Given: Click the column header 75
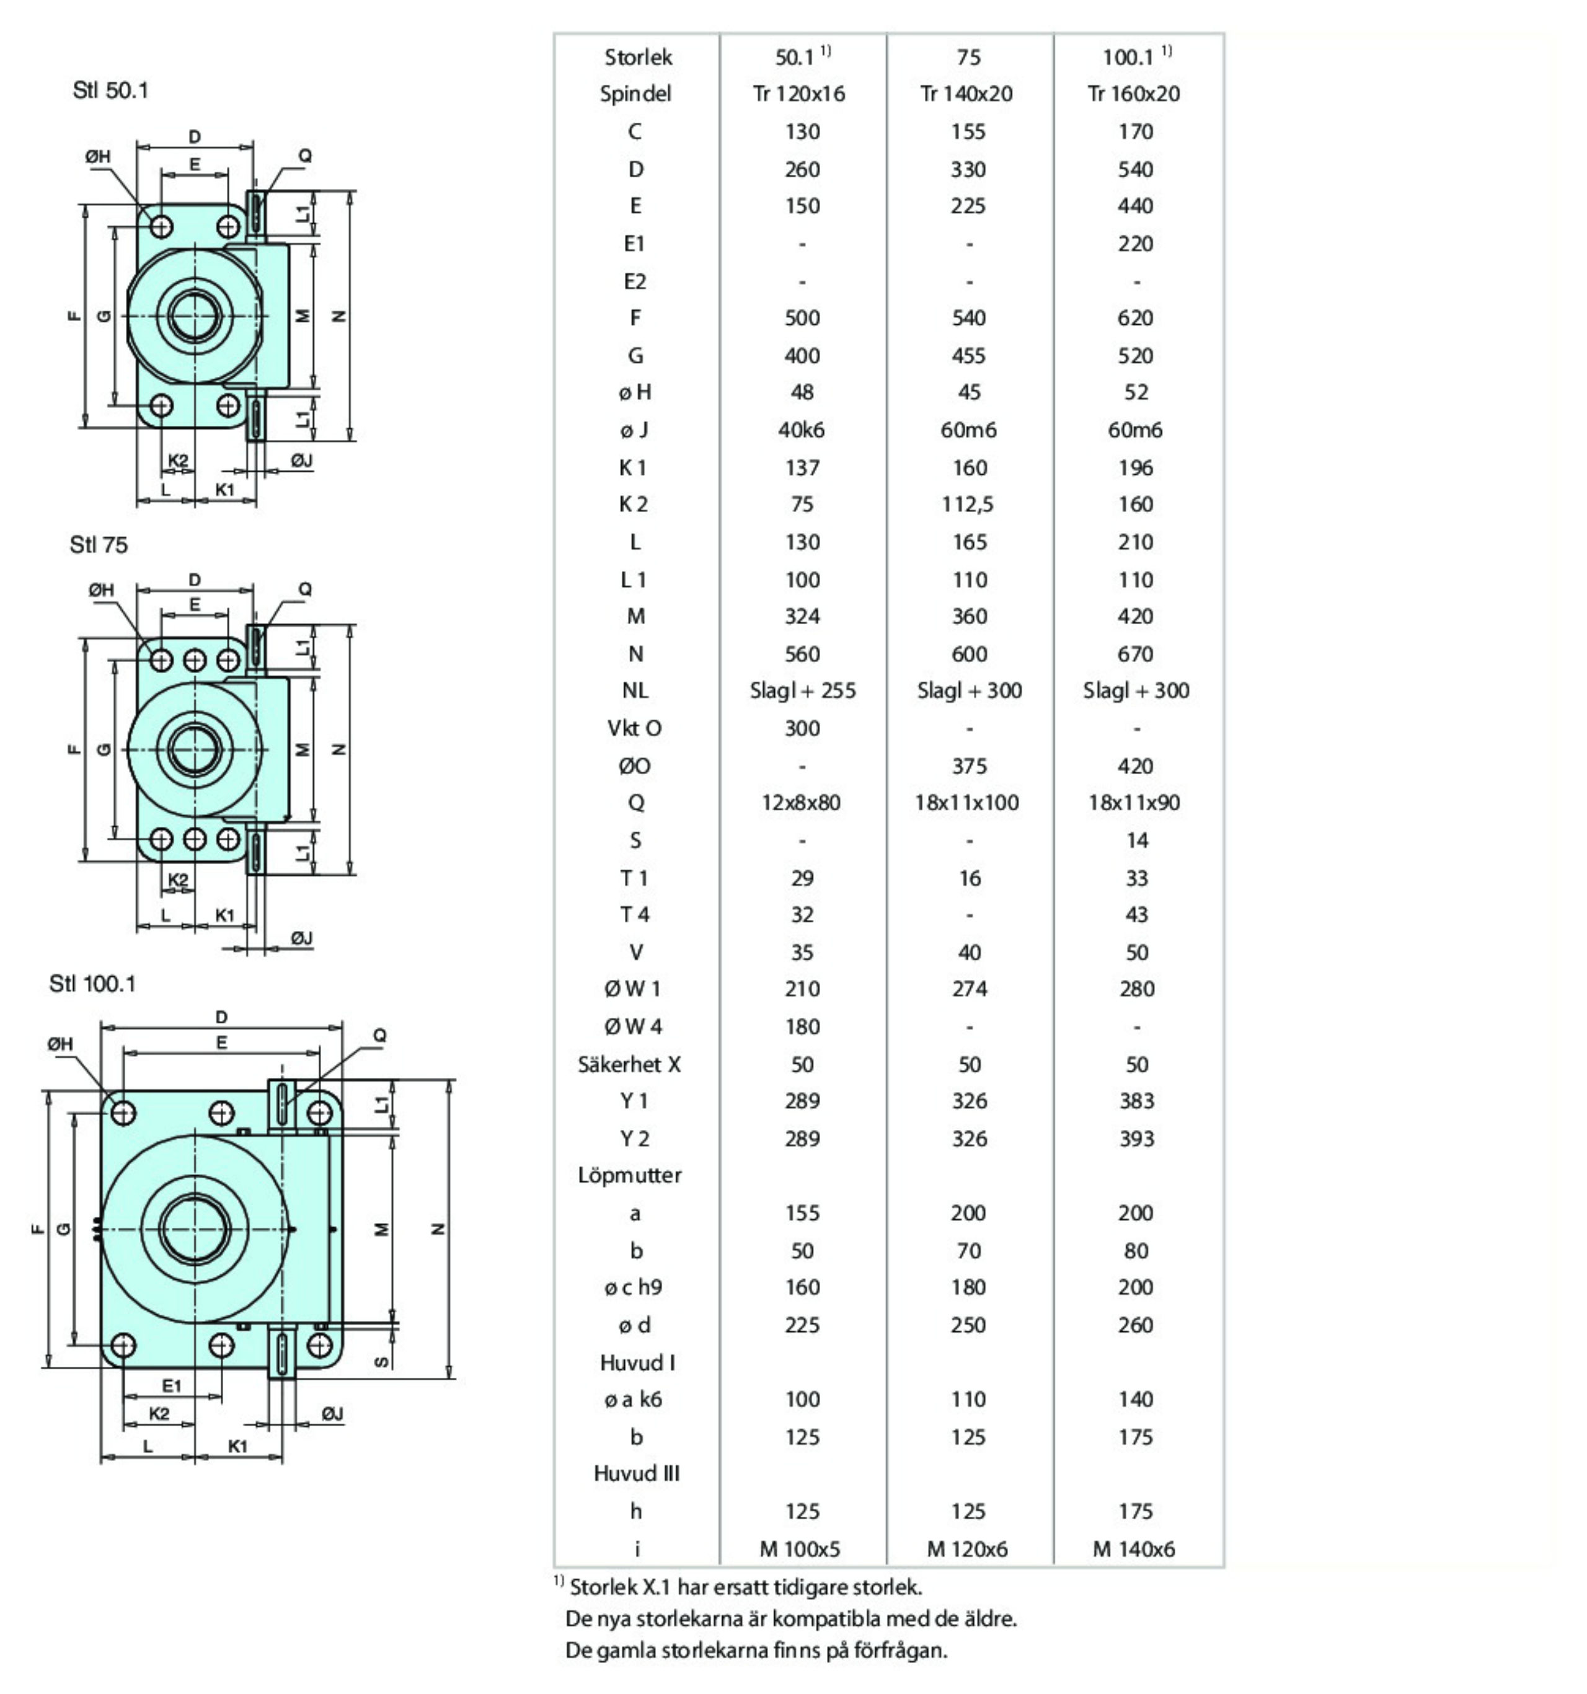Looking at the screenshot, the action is (x=968, y=57).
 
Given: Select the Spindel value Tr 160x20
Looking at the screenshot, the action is (x=1134, y=94).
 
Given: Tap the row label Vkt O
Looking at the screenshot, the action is (x=634, y=728).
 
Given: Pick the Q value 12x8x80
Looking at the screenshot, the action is (x=801, y=803).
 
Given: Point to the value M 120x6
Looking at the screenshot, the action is (x=967, y=1548).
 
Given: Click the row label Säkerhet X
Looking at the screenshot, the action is (x=630, y=1064).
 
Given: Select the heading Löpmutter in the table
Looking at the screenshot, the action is (x=630, y=1175).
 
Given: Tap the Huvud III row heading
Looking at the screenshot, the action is (x=637, y=1473).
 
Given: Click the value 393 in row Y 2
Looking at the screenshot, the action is (x=1136, y=1139).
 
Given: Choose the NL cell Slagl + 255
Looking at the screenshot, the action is (x=803, y=690).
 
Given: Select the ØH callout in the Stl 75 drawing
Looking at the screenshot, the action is (x=102, y=589).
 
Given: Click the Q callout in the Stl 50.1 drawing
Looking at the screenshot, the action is (x=305, y=156).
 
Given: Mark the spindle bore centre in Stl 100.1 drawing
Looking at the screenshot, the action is (x=195, y=1229).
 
